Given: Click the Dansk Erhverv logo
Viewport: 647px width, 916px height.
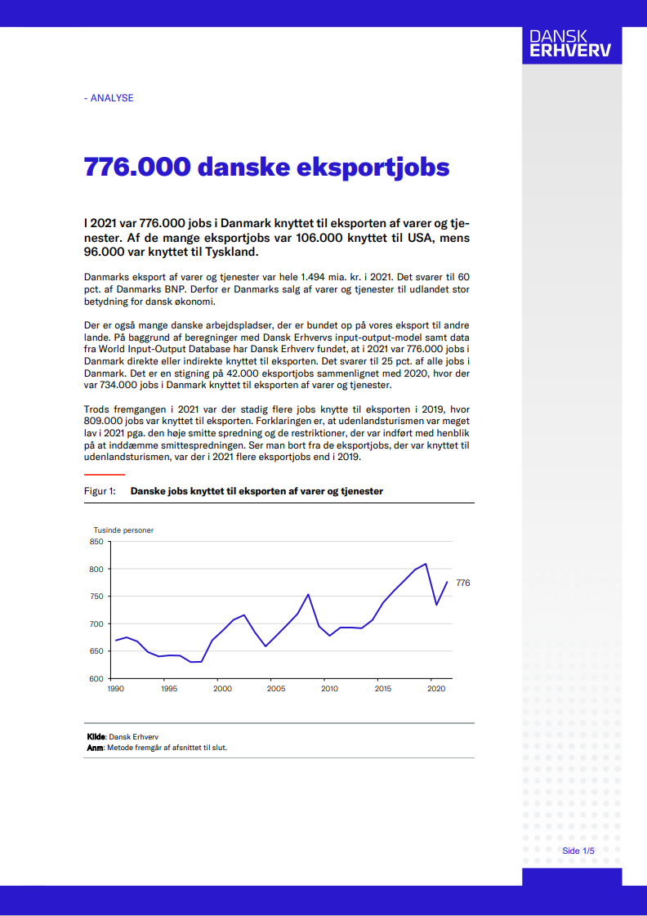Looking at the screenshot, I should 571,44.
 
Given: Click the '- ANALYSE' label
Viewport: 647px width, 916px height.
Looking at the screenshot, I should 109,98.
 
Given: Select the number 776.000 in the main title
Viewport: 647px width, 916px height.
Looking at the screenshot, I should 138,167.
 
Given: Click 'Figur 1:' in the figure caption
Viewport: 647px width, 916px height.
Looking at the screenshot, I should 100,491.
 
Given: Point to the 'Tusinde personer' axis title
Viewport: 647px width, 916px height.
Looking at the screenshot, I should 123,529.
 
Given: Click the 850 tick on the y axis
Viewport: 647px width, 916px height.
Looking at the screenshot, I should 96,541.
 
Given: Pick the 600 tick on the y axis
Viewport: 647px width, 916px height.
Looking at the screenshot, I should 96,678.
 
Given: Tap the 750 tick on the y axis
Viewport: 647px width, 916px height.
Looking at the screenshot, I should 96,597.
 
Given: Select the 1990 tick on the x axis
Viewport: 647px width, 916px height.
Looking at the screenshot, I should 115,689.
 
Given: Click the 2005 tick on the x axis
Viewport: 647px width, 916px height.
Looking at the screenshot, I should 275,689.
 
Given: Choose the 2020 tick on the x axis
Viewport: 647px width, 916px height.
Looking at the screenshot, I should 436,689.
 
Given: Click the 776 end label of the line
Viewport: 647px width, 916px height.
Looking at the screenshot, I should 462,583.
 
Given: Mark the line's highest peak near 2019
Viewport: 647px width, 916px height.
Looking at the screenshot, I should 426,564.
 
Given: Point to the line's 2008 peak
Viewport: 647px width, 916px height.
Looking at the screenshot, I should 308,594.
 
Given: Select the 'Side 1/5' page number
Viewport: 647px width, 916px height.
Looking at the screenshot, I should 578,851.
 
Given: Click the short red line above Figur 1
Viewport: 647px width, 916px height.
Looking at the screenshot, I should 105,474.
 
